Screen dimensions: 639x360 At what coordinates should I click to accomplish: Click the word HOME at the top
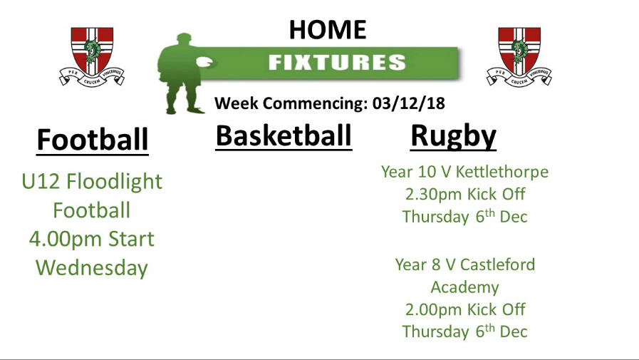328,30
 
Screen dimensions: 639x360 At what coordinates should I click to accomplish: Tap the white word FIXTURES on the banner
337,63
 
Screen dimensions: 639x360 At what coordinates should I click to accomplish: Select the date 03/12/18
408,103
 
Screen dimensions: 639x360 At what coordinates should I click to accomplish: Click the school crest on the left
92,56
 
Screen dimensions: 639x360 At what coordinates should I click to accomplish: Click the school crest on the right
519,56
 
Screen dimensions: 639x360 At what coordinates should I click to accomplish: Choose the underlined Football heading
93,140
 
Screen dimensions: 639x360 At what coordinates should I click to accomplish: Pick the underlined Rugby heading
453,137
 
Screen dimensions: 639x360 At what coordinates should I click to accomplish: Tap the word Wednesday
92,268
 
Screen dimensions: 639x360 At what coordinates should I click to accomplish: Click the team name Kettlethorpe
502,172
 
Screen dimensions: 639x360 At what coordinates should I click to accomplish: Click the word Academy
465,287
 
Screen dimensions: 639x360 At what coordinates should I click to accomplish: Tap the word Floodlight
115,182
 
